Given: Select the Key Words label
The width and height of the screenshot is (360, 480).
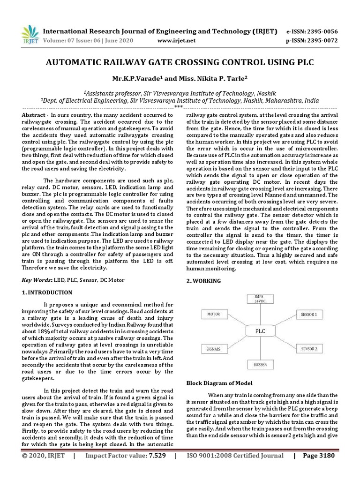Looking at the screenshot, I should coord(37,280).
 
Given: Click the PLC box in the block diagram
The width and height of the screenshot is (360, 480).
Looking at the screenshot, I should coord(261,331).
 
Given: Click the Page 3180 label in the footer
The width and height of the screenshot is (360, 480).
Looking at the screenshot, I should coord(323,469).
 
